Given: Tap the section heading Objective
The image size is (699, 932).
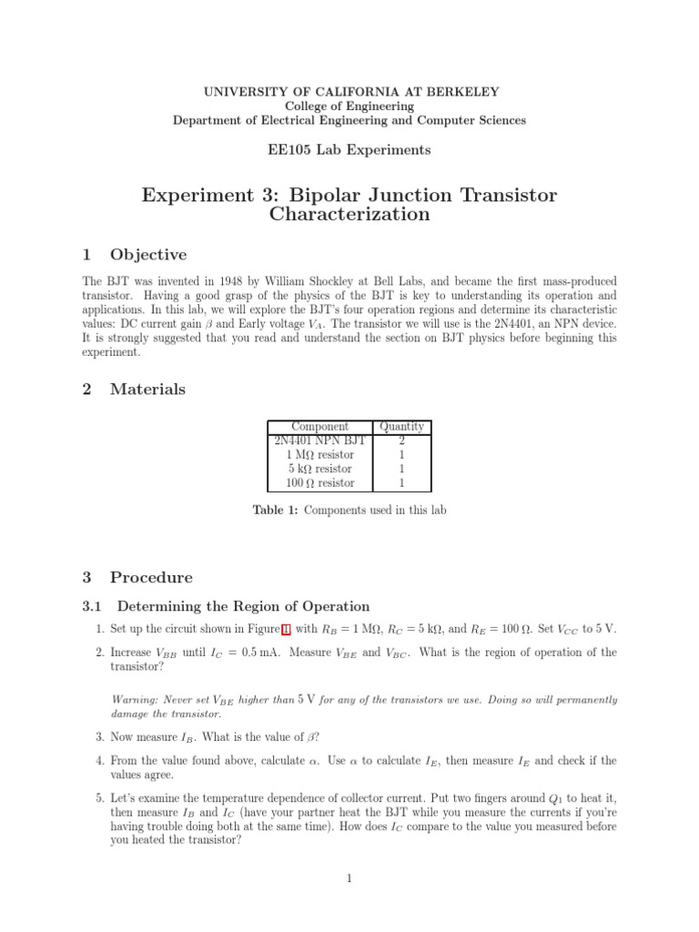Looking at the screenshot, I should [148, 255].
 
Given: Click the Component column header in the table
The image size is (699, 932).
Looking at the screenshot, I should [319, 426].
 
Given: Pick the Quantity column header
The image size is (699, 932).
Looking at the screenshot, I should [401, 426].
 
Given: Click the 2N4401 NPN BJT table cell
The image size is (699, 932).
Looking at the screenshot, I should [319, 441].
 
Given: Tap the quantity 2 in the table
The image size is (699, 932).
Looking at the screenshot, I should [401, 441].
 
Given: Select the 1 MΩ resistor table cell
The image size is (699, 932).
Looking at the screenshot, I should [319, 454].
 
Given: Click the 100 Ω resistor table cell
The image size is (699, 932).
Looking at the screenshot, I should [319, 482].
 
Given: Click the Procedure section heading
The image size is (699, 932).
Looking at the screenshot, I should [151, 577].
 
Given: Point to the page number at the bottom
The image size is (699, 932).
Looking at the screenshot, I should [349, 878].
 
